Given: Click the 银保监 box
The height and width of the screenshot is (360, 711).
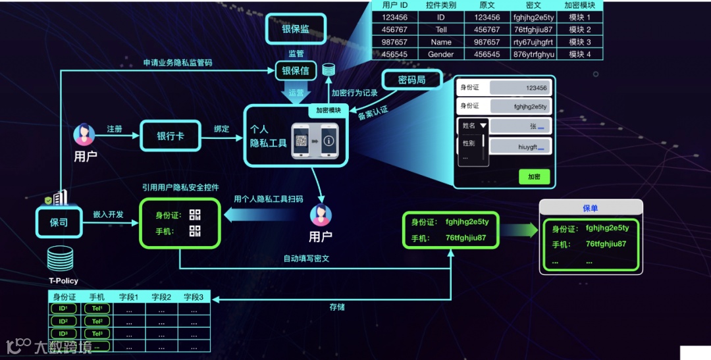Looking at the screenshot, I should pyautogui.click(x=296, y=29).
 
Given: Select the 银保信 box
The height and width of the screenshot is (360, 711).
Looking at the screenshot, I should pyautogui.click(x=296, y=70).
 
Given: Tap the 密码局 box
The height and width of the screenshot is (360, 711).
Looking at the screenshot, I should pyautogui.click(x=412, y=80).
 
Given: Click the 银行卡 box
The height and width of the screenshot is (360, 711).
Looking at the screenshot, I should pyautogui.click(x=170, y=136).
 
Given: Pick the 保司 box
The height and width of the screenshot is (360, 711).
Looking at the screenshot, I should pyautogui.click(x=59, y=222).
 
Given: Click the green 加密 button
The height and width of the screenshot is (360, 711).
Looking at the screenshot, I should pyautogui.click(x=533, y=176).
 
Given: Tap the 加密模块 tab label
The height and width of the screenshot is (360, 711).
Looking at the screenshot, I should pyautogui.click(x=328, y=111).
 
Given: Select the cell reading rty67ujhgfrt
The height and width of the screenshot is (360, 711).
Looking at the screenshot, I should pyautogui.click(x=533, y=42).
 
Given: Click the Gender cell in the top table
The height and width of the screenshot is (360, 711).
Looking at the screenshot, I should pyautogui.click(x=440, y=55).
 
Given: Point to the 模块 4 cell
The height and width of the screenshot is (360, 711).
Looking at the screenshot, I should pyautogui.click(x=579, y=55).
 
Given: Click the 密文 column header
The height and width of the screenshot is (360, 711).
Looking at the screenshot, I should pyautogui.click(x=533, y=5).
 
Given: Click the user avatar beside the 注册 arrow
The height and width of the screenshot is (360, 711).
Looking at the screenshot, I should pyautogui.click(x=84, y=135).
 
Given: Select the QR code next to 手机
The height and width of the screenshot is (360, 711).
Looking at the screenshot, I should pyautogui.click(x=194, y=231).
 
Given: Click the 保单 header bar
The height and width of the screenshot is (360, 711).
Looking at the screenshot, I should pyautogui.click(x=591, y=208).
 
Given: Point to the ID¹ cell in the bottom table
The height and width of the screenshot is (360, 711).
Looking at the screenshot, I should pyautogui.click(x=64, y=309).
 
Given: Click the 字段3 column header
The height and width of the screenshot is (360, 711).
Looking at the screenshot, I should pyautogui.click(x=194, y=297).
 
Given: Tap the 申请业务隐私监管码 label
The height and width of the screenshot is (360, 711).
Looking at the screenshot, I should pyautogui.click(x=178, y=63).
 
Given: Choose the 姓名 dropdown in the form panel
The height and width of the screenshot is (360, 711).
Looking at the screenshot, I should pyautogui.click(x=473, y=126).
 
